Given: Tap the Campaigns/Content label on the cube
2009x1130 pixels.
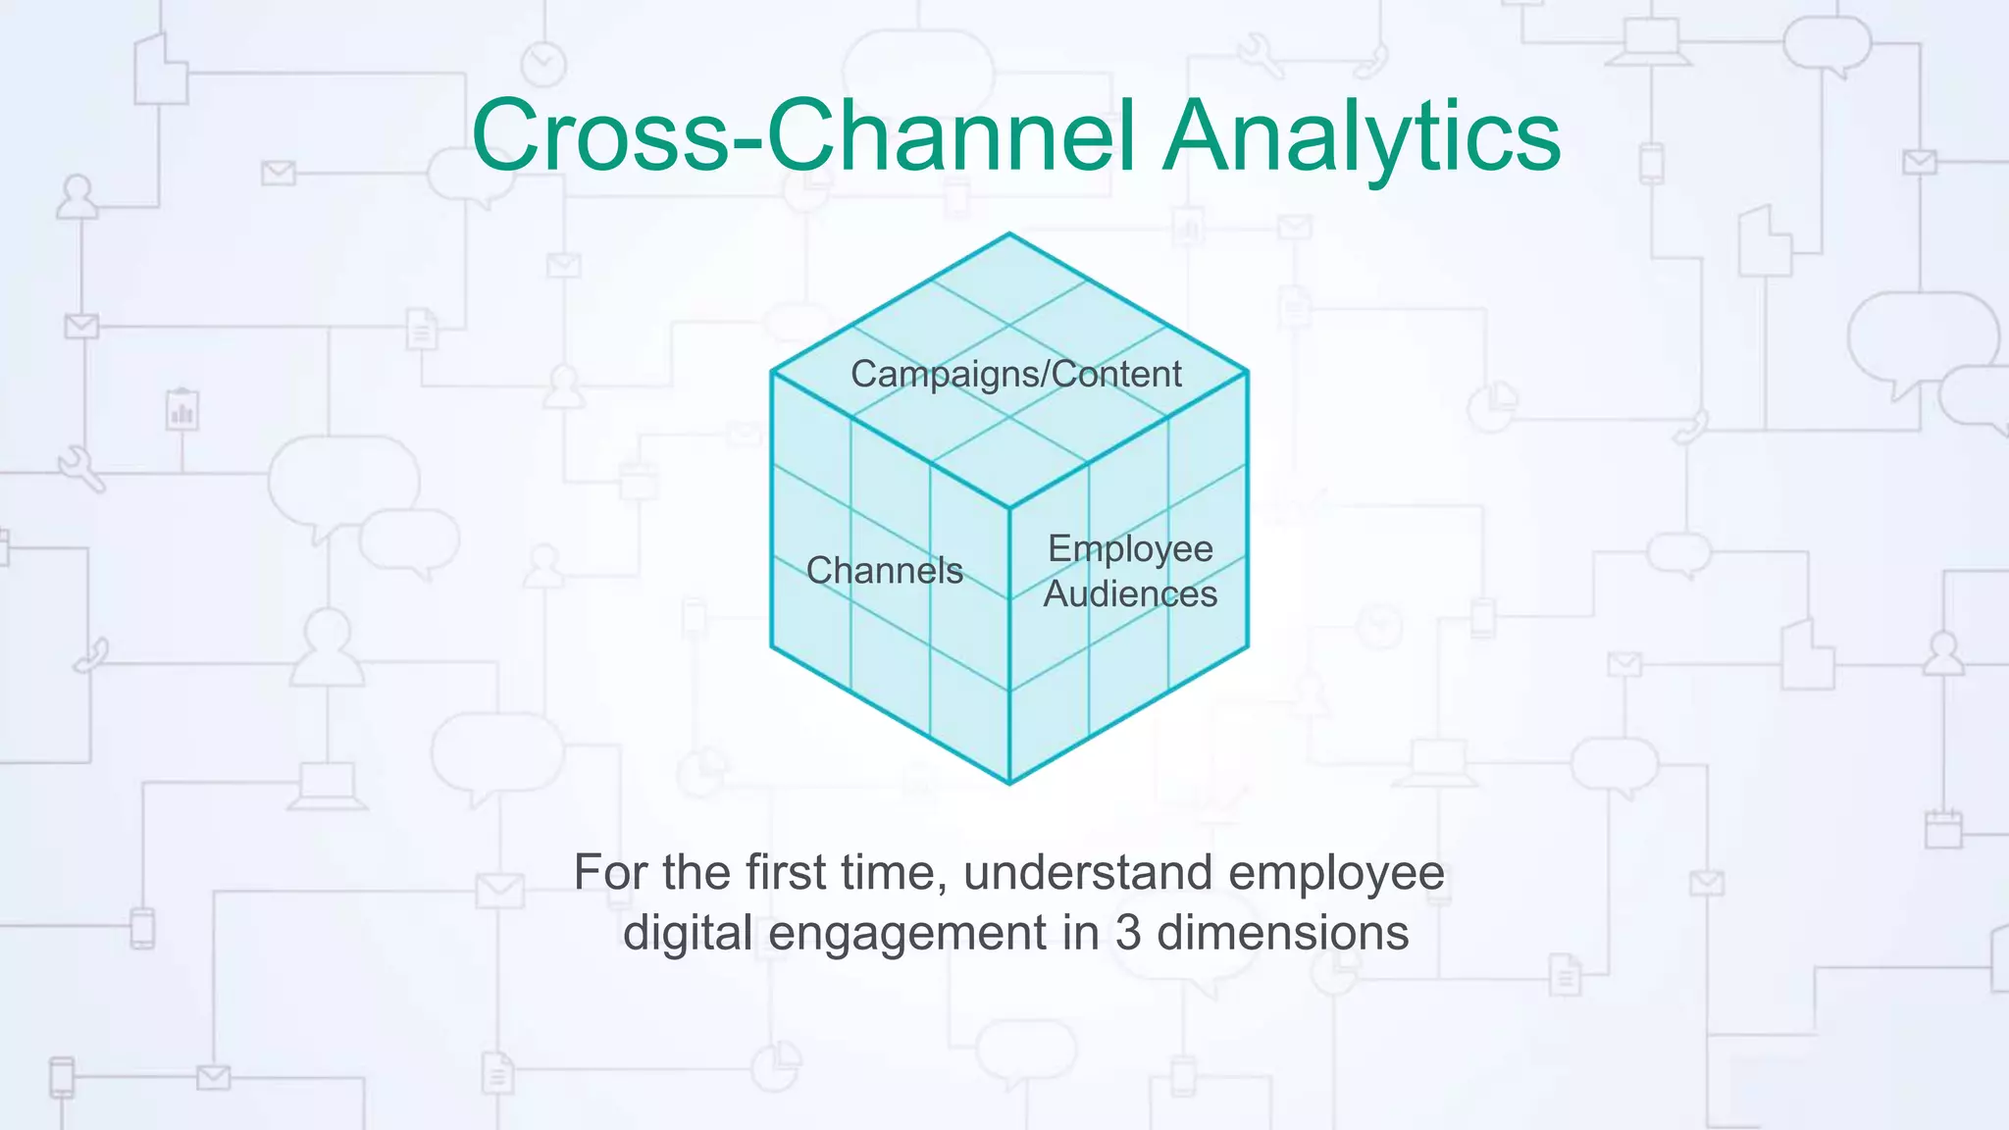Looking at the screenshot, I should tap(1015, 374).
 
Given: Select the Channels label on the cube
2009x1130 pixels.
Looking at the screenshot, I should tap(884, 571).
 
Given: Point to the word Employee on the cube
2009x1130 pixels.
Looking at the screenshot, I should tap(1130, 548).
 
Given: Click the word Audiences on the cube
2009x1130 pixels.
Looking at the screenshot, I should tap(1130, 594).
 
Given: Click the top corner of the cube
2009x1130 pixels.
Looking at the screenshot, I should tap(1008, 233).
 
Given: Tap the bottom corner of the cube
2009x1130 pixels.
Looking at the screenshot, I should tap(1009, 783).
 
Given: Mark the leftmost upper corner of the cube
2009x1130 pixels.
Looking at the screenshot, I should tap(772, 372).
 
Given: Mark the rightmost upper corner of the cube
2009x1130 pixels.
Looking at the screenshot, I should tap(1247, 372).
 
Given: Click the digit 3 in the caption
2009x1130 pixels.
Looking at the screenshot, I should tap(1128, 932).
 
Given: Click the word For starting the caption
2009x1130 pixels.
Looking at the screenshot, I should tap(611, 872).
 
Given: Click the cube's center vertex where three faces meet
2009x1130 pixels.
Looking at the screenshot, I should tap(1009, 508).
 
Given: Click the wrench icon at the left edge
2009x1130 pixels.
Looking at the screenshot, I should tap(80, 468).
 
